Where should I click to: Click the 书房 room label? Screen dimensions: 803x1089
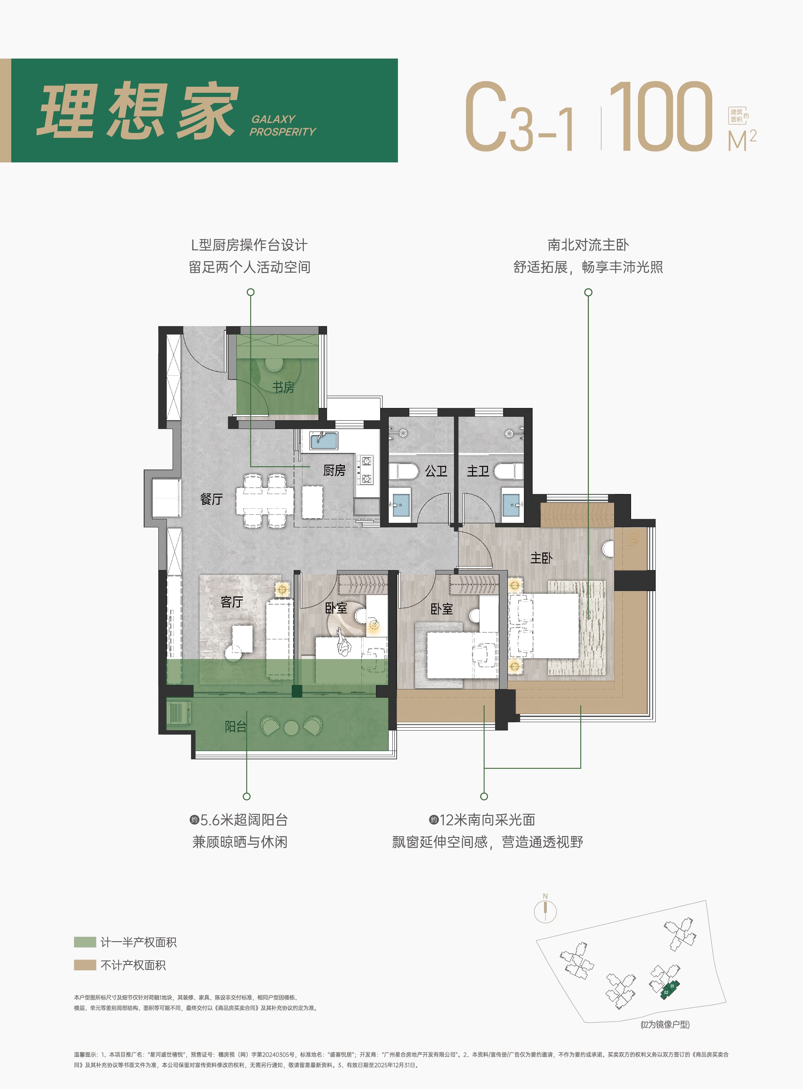pos(283,387)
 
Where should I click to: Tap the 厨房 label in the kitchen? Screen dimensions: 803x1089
pos(334,470)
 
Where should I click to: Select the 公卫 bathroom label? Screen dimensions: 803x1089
pos(436,471)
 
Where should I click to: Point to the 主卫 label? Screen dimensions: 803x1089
pos(478,471)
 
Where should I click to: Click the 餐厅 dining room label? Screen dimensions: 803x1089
pos(211,499)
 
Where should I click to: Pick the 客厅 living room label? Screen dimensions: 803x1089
pos(232,602)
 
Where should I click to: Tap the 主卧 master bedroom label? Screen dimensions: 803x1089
pos(541,558)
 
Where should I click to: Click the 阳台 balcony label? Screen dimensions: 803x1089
pos(236,726)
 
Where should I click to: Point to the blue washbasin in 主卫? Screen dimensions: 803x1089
pos(511,505)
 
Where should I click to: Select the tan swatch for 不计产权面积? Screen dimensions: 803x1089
pos(85,965)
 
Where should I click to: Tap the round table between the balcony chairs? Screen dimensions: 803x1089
pos(291,728)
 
